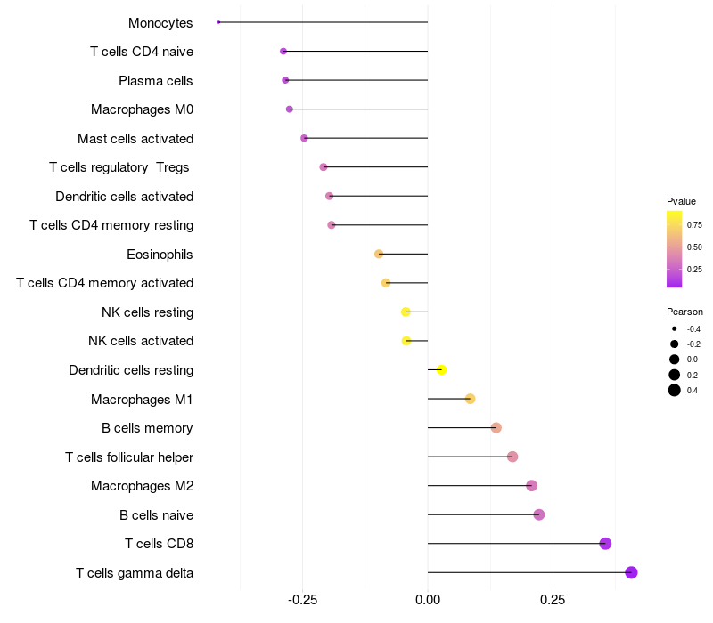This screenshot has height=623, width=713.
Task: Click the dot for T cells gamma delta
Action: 631,572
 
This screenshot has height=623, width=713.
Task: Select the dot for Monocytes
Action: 218,22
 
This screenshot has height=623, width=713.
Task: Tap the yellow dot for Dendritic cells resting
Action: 441,369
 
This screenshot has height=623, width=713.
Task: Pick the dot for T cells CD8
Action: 605,544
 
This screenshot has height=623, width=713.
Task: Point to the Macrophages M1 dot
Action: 470,399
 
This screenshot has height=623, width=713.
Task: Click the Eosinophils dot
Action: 379,254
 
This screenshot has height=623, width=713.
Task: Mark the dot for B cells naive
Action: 538,514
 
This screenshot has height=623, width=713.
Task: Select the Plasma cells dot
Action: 285,80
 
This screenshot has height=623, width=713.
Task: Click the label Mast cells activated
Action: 135,139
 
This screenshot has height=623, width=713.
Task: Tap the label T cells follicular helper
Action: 129,457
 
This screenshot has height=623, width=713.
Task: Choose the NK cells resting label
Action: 147,312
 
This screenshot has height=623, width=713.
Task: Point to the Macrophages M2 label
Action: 142,486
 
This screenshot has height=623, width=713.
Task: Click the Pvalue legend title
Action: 681,201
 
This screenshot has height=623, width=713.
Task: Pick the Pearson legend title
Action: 684,311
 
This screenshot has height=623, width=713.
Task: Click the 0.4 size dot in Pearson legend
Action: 675,390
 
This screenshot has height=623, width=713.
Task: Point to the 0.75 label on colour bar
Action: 694,225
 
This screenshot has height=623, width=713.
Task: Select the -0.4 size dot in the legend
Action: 675,328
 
